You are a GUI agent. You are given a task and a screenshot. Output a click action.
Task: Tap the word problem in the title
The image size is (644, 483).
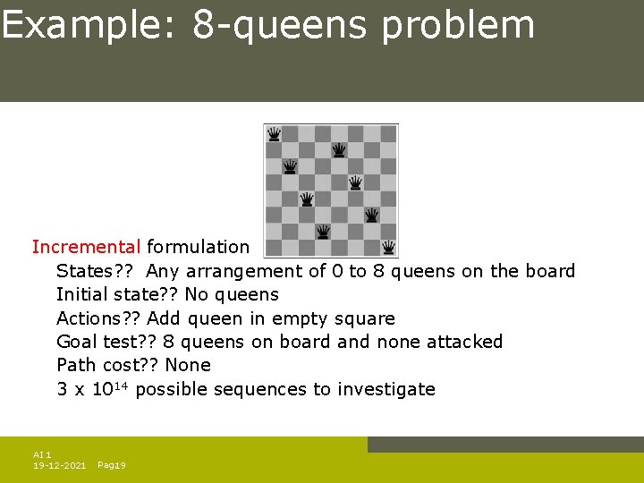click(458, 25)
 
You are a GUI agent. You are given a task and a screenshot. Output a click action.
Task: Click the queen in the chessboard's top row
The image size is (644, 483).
click(274, 134)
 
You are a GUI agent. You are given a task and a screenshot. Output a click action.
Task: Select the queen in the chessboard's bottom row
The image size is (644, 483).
click(388, 247)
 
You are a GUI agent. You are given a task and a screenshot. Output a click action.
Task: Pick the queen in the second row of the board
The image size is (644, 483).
click(339, 150)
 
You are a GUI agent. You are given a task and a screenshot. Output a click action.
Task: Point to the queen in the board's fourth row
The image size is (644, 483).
click(355, 182)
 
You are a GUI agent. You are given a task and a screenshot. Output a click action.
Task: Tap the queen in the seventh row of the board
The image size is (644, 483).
click(323, 231)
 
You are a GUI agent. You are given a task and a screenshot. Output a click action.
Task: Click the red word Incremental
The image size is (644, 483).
click(86, 247)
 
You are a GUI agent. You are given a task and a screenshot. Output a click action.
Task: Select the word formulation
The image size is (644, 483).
click(198, 247)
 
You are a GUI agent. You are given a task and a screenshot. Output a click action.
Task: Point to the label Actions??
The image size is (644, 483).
click(98, 318)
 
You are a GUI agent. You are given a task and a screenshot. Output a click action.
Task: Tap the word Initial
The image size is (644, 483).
click(82, 294)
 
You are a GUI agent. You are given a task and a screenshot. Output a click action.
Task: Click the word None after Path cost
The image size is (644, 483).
click(188, 365)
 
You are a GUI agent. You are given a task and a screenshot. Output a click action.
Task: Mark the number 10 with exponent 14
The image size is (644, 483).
click(111, 389)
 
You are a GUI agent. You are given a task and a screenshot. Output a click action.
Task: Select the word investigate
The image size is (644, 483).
click(386, 389)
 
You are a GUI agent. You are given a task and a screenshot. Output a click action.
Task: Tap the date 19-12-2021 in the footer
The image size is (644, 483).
click(59, 465)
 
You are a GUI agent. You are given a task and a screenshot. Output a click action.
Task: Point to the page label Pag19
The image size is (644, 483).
click(111, 465)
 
